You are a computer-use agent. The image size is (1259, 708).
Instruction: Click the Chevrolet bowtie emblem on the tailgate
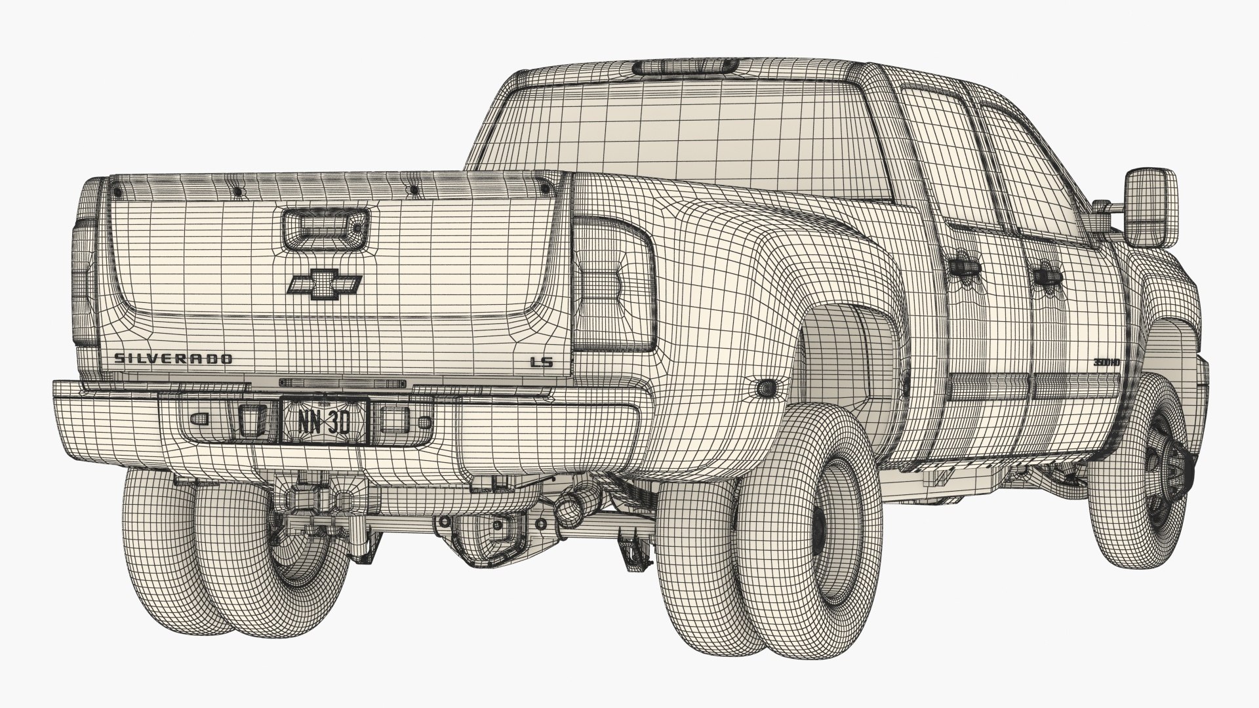click(x=324, y=284)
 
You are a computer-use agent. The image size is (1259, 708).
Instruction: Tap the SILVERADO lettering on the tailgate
click(x=173, y=359)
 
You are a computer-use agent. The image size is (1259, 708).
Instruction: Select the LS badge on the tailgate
click(x=540, y=361)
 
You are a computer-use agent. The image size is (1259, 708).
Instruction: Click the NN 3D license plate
click(x=324, y=421)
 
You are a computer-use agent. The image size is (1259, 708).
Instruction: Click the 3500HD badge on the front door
click(x=1106, y=362)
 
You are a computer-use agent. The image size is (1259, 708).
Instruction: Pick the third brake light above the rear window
click(x=683, y=66)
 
